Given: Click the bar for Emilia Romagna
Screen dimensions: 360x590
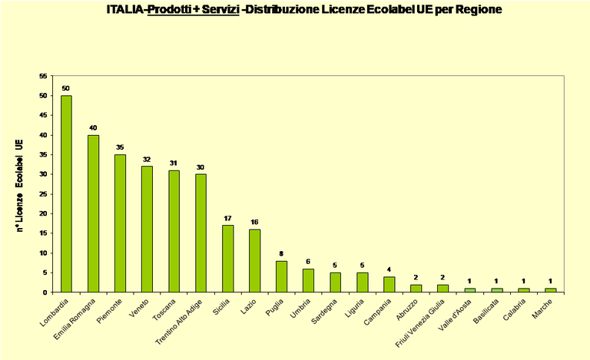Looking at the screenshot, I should click(93, 213).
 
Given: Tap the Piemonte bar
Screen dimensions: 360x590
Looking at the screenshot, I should click(120, 223).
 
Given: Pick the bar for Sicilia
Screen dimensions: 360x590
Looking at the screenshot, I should click(227, 259).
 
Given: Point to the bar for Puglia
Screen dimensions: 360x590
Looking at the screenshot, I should click(281, 276).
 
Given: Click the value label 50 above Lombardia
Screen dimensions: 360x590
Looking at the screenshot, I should click(66, 88).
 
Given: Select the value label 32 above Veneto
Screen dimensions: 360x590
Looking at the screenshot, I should click(147, 159).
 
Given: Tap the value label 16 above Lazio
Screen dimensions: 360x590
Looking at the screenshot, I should click(254, 222).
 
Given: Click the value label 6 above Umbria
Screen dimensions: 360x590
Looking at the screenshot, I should click(308, 261).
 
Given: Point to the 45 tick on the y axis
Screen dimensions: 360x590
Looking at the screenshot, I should click(43, 115).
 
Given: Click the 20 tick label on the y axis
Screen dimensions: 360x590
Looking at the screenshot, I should click(43, 213).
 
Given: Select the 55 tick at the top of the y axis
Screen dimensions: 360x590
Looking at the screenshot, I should click(43, 76).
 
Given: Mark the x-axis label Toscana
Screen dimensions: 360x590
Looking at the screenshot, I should click(164, 308).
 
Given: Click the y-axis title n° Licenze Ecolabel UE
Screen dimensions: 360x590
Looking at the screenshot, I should click(20, 184).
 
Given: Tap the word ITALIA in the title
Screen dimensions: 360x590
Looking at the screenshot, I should click(125, 11).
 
